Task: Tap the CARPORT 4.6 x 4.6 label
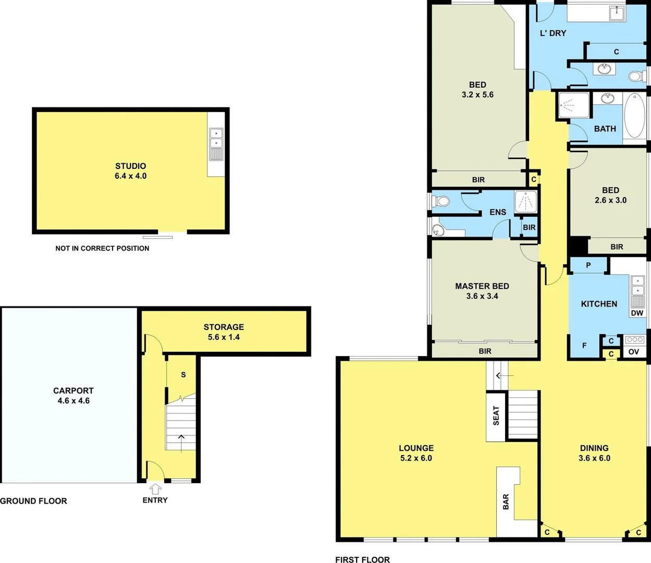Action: coord(73,396)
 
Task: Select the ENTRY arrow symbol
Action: coord(155,489)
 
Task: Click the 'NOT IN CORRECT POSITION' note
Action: coord(102,248)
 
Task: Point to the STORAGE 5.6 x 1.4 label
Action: coord(224,332)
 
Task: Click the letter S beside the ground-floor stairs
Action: coord(183,375)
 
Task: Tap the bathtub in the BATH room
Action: coord(634,115)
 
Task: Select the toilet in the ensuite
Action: coord(441,201)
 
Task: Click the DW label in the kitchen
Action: coord(637,313)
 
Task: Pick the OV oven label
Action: coord(634,352)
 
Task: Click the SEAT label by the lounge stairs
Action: coord(496,416)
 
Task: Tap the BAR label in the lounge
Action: coord(506,501)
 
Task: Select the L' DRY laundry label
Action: coord(552,33)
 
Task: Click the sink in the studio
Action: coord(216,138)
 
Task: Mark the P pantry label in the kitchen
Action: coord(588,265)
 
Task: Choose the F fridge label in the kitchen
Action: coord(584,346)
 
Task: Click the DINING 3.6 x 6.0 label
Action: coord(594,453)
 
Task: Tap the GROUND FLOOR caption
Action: coord(34,501)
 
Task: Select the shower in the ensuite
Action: coord(525,202)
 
